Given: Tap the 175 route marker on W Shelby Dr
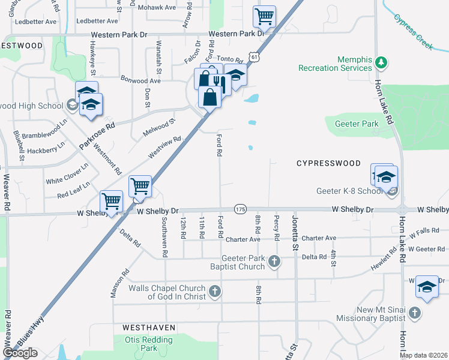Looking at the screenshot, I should [x=240, y=208].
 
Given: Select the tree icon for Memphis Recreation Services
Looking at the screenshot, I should [x=380, y=62].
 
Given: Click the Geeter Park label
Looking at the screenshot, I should [x=352, y=124].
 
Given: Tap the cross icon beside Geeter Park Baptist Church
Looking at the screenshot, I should [x=274, y=261].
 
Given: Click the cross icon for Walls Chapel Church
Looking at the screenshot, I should [x=215, y=292].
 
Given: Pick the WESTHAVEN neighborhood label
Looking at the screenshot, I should [x=149, y=328].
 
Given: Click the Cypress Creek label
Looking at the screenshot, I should [x=414, y=28].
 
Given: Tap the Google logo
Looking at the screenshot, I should [x=20, y=353].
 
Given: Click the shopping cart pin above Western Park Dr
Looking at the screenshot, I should [x=264, y=17].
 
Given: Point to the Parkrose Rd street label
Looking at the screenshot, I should [x=97, y=137].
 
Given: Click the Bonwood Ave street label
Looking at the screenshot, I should [x=141, y=80].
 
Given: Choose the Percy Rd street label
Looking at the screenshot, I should [x=277, y=228].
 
